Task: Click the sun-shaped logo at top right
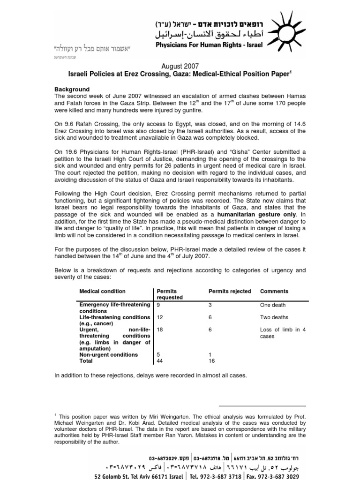click(285, 30)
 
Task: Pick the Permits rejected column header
click(230, 291)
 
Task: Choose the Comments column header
click(274, 291)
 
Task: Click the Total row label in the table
click(87, 361)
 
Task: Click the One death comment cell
click(273, 305)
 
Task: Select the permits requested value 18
click(160, 330)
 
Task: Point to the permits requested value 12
click(160, 317)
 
